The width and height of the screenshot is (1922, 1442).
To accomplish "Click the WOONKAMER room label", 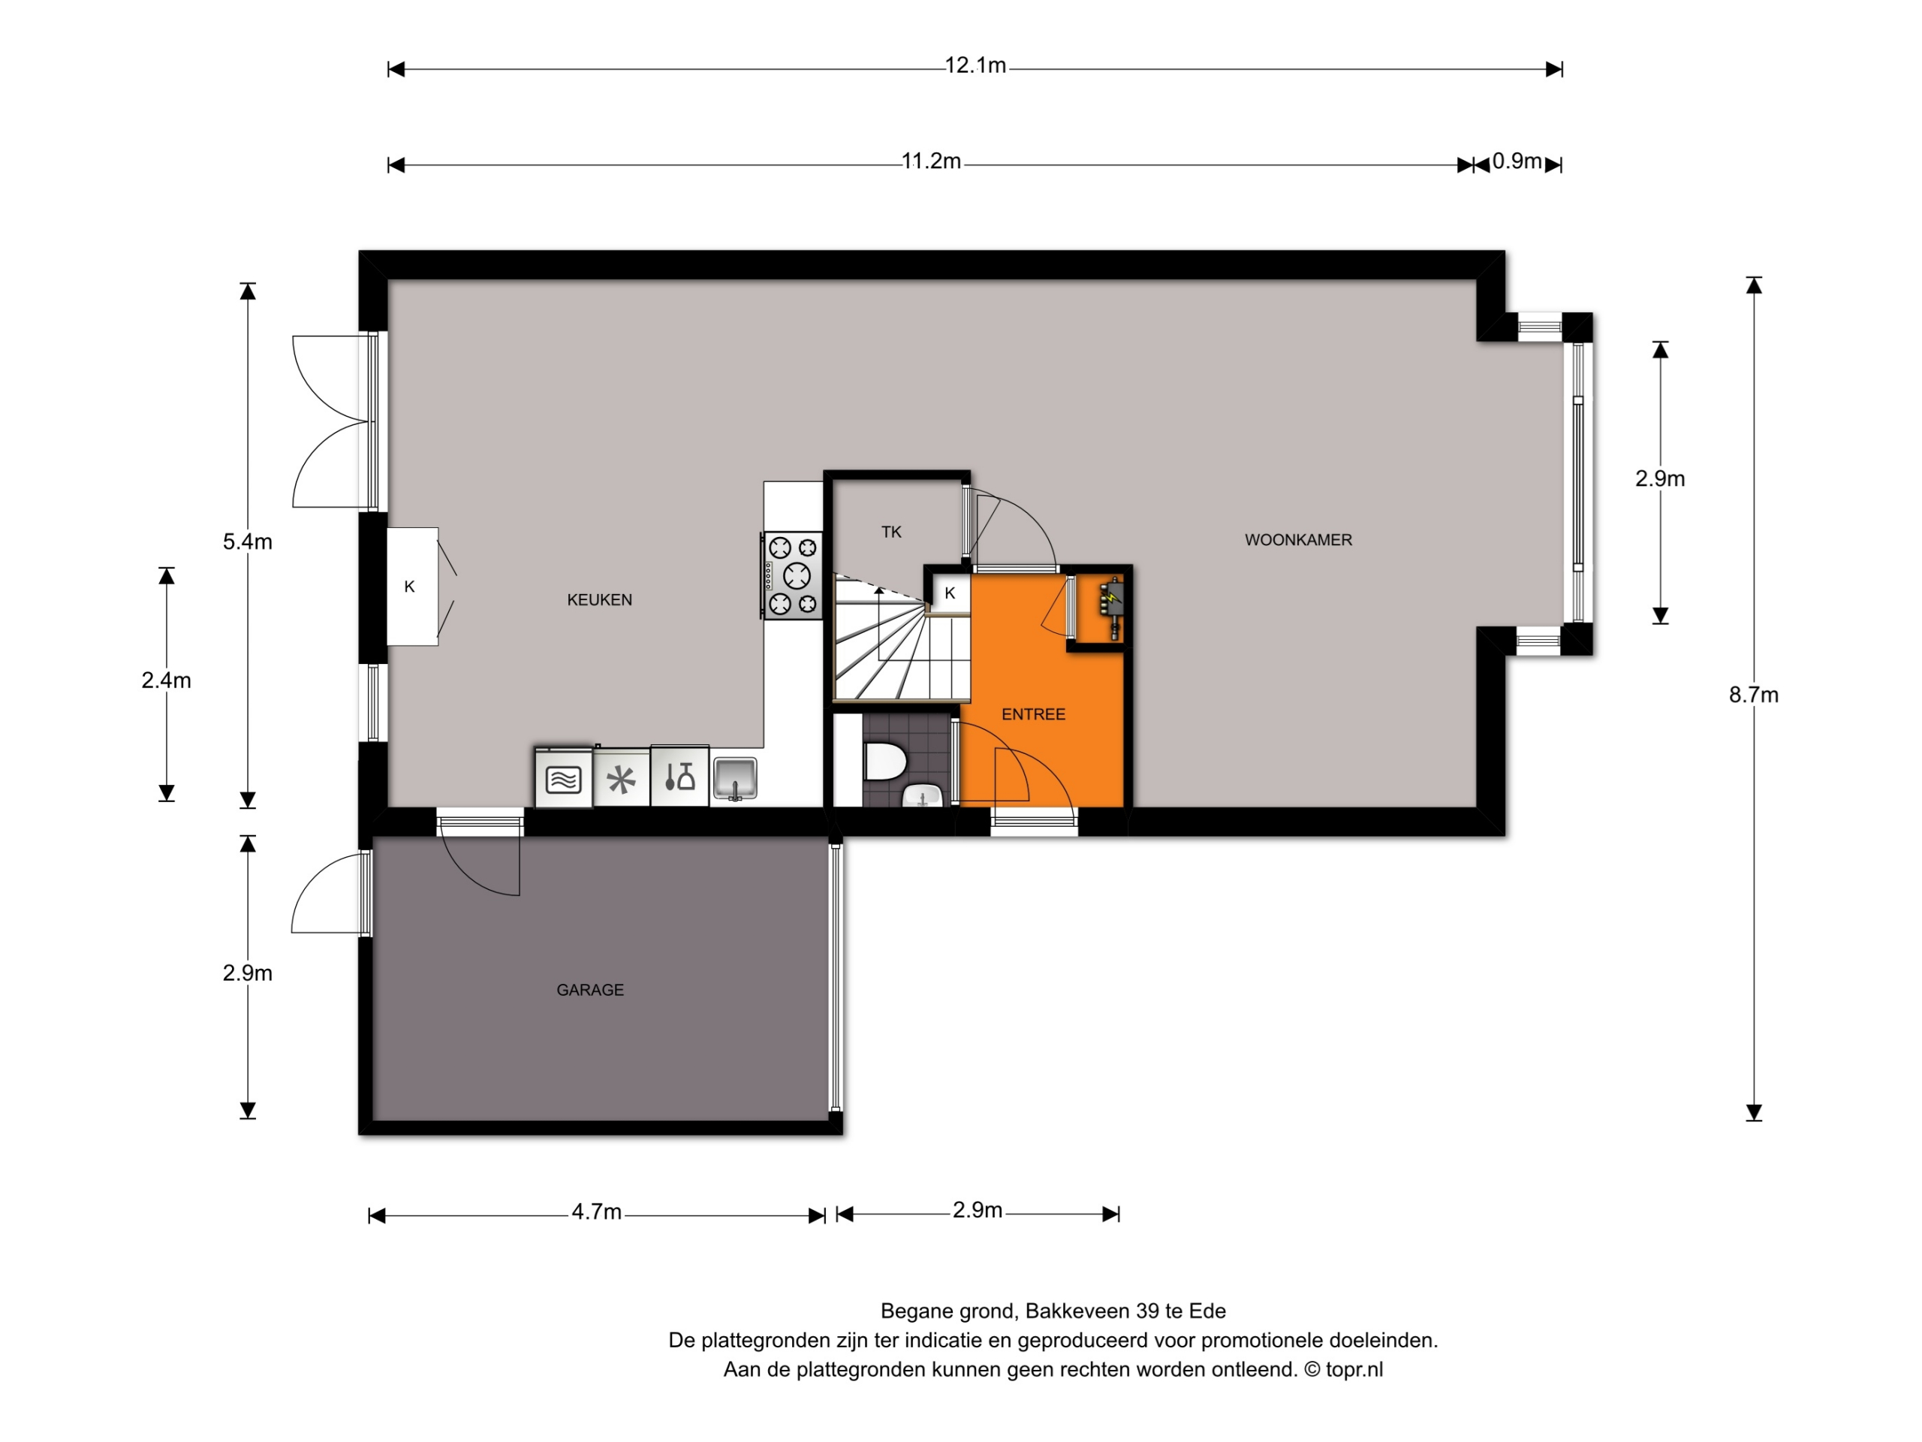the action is (1298, 540).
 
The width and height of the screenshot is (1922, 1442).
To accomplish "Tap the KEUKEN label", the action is (600, 600).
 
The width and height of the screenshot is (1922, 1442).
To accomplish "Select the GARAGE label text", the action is (590, 990).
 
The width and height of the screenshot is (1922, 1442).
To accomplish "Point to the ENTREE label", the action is (1033, 714).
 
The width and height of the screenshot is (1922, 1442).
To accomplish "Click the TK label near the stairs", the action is (891, 532).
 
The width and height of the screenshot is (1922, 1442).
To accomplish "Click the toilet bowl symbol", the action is (885, 762).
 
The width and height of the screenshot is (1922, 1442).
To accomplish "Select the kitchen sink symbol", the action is (735, 778).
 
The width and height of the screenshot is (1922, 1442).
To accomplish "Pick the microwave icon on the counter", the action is (564, 779).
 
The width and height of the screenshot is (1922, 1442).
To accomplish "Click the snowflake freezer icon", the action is (621, 780).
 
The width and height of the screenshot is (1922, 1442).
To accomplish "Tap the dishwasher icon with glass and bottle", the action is (679, 776).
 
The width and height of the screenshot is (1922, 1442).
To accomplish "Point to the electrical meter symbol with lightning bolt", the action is (1112, 608).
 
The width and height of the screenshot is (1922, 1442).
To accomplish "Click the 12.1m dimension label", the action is (975, 65).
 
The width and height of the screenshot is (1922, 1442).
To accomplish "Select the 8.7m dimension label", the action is (1753, 695).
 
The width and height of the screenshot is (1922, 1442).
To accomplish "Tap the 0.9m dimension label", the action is (1517, 161).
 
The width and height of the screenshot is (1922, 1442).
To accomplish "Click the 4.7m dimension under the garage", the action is (596, 1211).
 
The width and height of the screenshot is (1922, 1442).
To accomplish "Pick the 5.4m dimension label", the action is (248, 542).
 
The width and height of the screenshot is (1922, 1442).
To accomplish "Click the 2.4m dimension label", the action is (166, 680).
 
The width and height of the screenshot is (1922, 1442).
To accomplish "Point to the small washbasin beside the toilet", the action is (923, 795).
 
